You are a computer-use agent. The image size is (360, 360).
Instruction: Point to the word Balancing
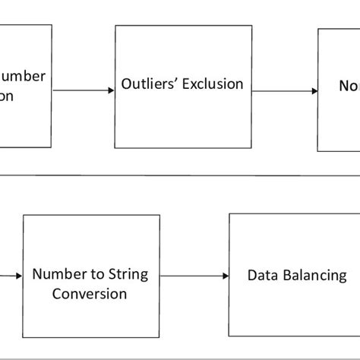coord(313,275)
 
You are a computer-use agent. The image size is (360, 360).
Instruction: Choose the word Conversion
coord(90,293)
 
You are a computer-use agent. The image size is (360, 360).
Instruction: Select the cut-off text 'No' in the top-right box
coord(347,87)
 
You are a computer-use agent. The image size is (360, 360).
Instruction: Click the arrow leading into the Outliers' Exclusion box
coord(84,92)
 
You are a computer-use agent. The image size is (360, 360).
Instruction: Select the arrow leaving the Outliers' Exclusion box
coord(285,92)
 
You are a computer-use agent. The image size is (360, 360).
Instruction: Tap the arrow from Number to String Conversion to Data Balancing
coord(194,276)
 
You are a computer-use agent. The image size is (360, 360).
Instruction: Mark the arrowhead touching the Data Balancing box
coord(225,276)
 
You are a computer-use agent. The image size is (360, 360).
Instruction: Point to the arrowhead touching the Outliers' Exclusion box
coord(111,92)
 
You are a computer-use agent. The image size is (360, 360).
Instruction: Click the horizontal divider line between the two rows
coord(180,175)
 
